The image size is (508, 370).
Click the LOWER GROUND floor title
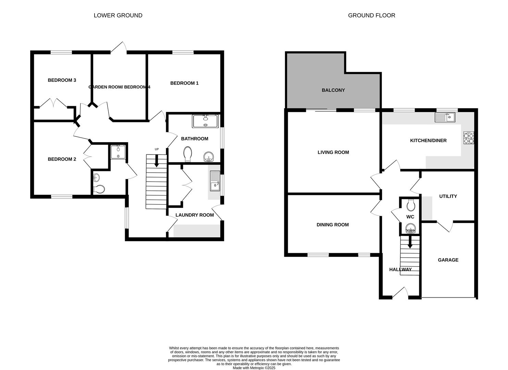tap(118, 15)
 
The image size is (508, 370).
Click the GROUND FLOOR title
tap(371, 15)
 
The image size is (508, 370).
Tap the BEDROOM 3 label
tap(62, 80)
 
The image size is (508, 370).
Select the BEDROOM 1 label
tap(184, 83)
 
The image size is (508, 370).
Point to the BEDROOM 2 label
tap(62, 159)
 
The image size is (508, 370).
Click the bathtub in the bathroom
tap(205, 121)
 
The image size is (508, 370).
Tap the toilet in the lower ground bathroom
tap(187, 154)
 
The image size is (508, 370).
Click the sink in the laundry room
tap(215, 181)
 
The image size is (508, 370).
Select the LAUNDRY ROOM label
tap(195, 215)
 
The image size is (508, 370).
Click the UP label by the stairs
tap(157, 149)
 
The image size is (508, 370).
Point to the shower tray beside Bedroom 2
tap(118, 152)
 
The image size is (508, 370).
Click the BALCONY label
tap(333, 90)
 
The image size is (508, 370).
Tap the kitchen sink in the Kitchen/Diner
tap(445, 117)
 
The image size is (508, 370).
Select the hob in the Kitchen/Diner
tap(469, 137)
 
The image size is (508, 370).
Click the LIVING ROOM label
tap(333, 152)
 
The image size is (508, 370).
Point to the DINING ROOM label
tap(332, 225)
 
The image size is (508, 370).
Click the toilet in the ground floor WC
tap(410, 206)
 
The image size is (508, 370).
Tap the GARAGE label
tap(448, 260)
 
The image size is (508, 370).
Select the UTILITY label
tap(448, 196)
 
